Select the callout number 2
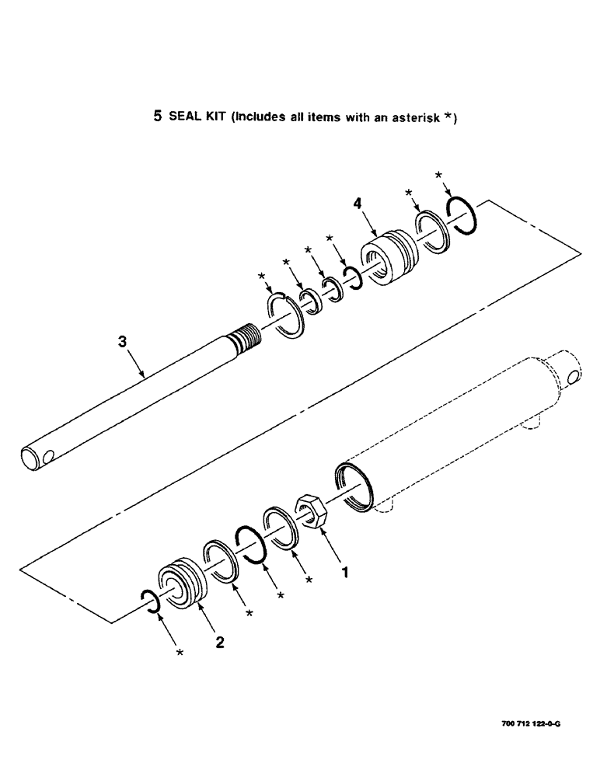coord(220,643)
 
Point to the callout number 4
coord(357,204)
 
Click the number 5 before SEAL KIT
coord(157,118)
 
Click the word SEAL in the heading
coord(184,118)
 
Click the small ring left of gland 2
coord(151,601)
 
